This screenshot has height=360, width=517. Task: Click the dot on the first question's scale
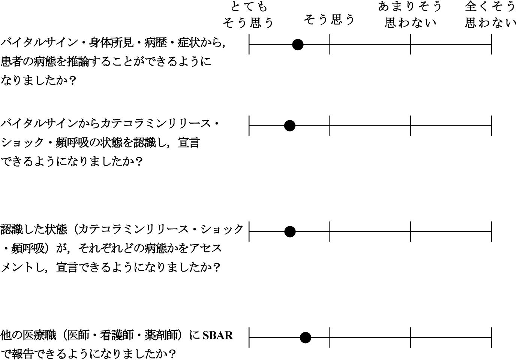pyautogui.click(x=298, y=45)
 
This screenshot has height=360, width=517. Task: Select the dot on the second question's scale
pyautogui.click(x=290, y=126)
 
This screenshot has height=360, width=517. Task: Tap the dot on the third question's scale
pyautogui.click(x=290, y=232)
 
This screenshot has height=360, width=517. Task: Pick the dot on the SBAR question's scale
pyautogui.click(x=305, y=338)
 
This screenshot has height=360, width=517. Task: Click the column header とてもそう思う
pyautogui.click(x=248, y=15)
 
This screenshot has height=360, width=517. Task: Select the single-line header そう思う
pyautogui.click(x=329, y=19)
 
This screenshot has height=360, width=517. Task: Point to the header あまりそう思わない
pyautogui.click(x=410, y=15)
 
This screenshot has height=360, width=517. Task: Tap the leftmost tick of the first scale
pyautogui.click(x=249, y=44)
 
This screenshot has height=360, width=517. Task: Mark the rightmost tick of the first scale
pyautogui.click(x=492, y=44)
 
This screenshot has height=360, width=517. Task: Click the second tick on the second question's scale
pyautogui.click(x=330, y=126)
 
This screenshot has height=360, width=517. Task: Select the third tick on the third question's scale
pyautogui.click(x=411, y=231)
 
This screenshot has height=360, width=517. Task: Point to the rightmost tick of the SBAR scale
pyautogui.click(x=492, y=338)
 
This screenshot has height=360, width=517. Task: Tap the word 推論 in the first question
pyautogui.click(x=78, y=61)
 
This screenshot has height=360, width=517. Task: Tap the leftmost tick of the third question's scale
pyautogui.click(x=249, y=231)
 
